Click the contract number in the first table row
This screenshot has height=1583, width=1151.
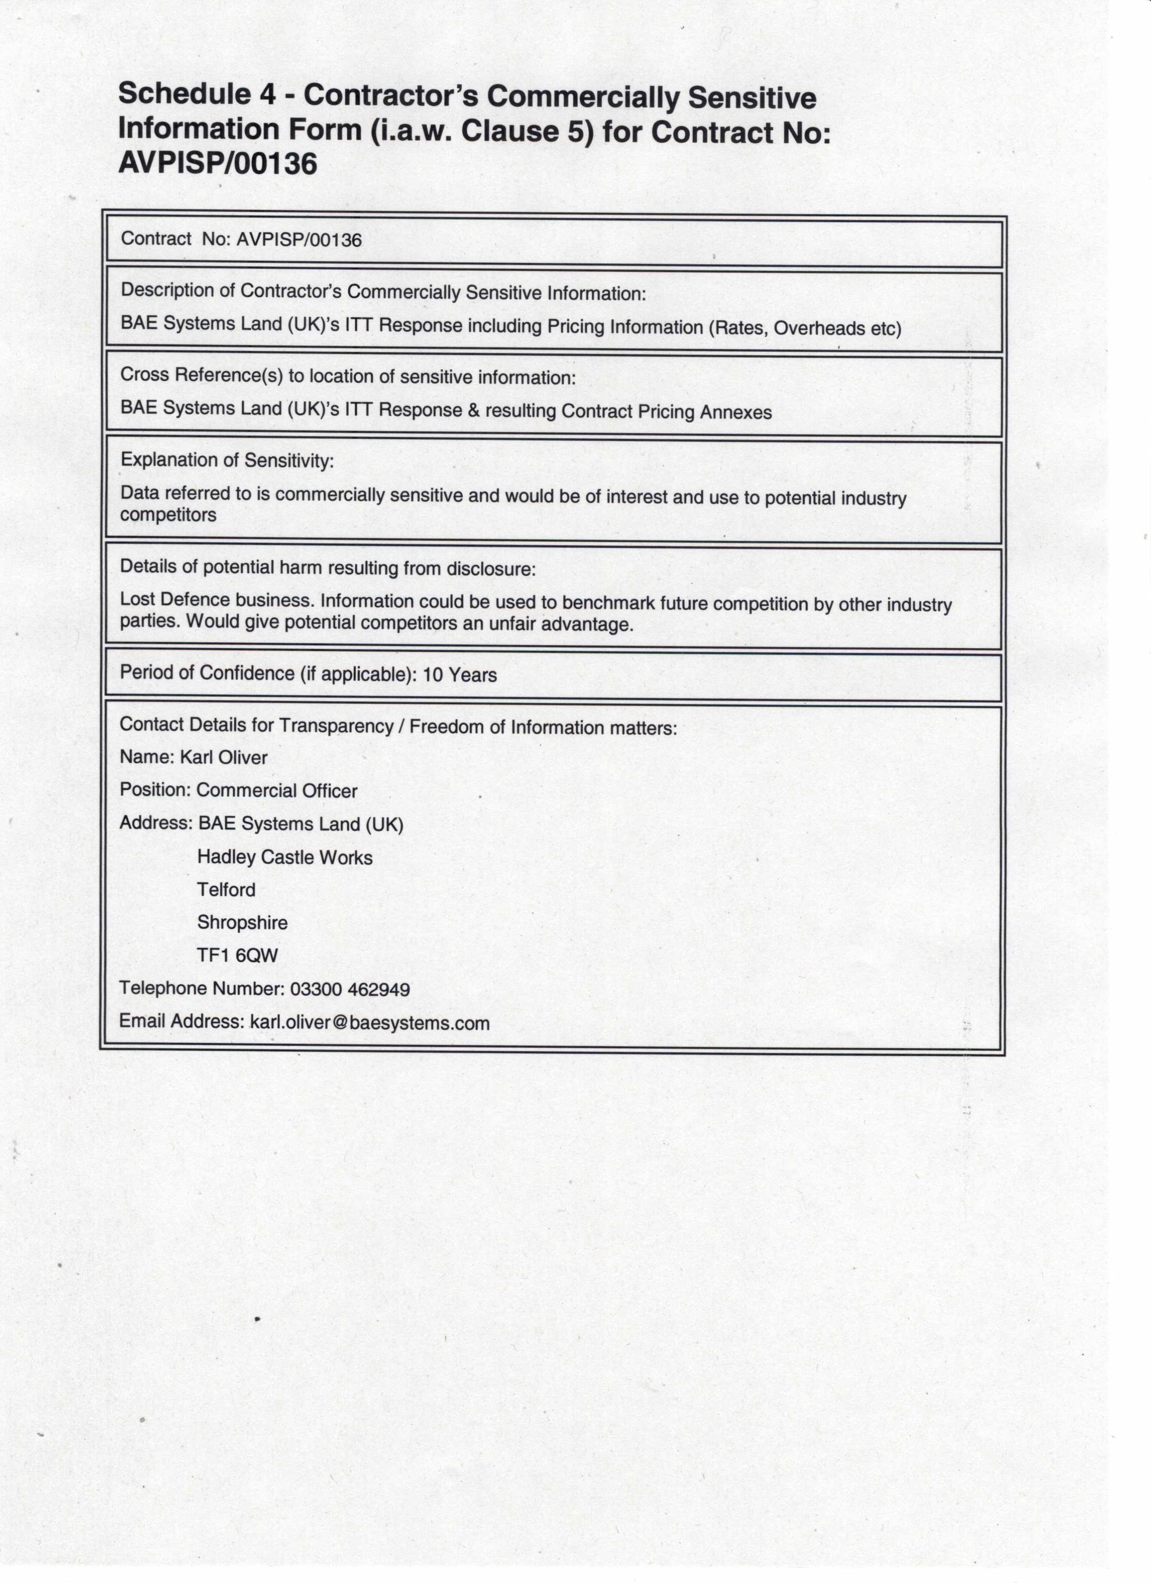click(299, 240)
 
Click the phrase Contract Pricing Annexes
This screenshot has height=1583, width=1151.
click(667, 412)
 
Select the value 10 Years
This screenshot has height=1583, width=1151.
click(460, 675)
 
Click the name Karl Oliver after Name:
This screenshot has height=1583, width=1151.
click(223, 757)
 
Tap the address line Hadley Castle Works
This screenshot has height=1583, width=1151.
click(285, 857)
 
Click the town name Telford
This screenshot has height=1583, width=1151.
click(226, 890)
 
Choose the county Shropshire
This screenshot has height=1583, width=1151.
click(242, 923)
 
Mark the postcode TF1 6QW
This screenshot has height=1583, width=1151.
click(237, 956)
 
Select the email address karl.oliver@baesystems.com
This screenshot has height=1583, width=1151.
click(369, 1023)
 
